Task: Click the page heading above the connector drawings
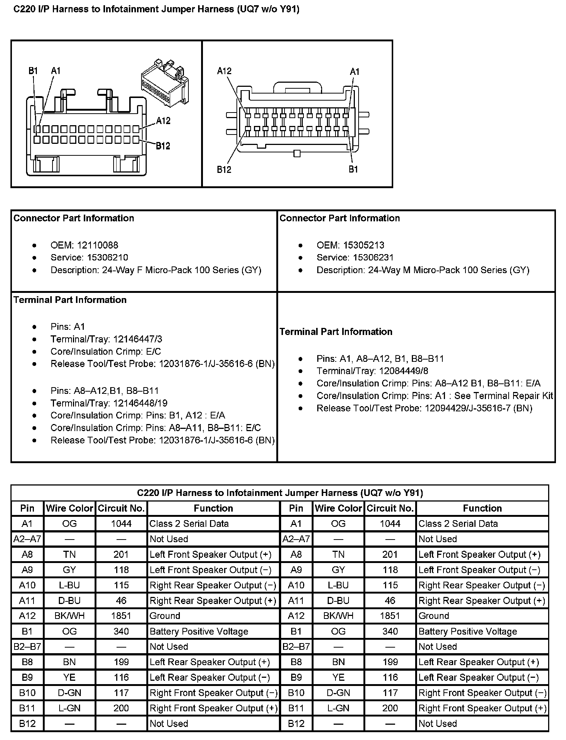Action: [x=156, y=9]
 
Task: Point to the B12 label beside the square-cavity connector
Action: [x=163, y=146]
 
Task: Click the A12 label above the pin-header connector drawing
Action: [x=224, y=71]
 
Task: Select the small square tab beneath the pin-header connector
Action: [x=297, y=153]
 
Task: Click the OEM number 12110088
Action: [x=98, y=245]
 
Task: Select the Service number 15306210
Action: [x=108, y=257]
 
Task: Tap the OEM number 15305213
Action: [x=364, y=245]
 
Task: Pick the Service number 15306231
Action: [x=373, y=257]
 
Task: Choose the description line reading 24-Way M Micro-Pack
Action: [x=423, y=270]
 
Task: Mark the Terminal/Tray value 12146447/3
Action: [x=138, y=339]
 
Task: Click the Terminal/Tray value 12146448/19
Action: [x=140, y=403]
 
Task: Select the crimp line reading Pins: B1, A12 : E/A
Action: [x=138, y=415]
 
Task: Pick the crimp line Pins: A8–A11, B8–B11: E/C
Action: [x=156, y=428]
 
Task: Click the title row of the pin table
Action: [x=280, y=493]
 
